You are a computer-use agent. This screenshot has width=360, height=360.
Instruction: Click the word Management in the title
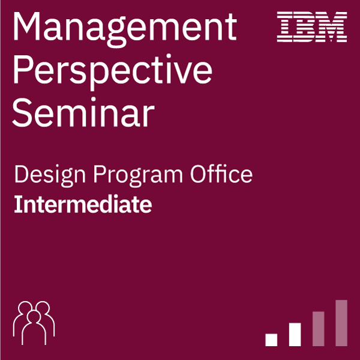125,29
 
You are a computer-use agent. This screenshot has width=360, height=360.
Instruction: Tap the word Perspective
113,72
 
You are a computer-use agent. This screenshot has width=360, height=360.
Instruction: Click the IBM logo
312,27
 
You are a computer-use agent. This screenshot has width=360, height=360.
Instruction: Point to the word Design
50,175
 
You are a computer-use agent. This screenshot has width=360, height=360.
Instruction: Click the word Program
138,175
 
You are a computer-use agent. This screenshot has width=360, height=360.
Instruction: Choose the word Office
221,173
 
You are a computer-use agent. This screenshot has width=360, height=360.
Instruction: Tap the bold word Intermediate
83,204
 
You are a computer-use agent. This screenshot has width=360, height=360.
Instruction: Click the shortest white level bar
271,340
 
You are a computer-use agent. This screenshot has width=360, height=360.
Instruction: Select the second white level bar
295,334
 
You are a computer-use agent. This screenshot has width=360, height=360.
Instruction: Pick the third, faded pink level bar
319,329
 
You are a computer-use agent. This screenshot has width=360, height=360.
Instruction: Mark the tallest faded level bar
341,323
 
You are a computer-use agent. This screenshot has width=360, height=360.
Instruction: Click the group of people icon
34,323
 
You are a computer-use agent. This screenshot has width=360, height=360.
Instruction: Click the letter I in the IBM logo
284,27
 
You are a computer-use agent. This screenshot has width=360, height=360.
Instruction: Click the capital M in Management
27,26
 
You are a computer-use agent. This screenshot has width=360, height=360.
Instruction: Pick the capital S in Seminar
22,113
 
